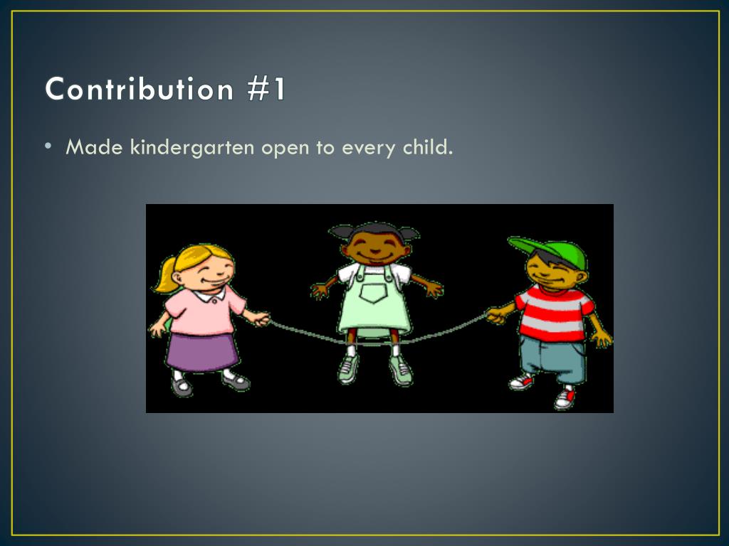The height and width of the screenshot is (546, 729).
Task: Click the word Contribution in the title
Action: click(140, 90)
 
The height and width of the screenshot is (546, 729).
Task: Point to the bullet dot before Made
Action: click(48, 146)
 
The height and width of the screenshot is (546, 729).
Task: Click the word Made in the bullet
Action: click(95, 148)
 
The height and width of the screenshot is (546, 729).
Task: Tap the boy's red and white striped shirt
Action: click(554, 313)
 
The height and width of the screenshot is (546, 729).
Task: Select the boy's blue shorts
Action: click(554, 359)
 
